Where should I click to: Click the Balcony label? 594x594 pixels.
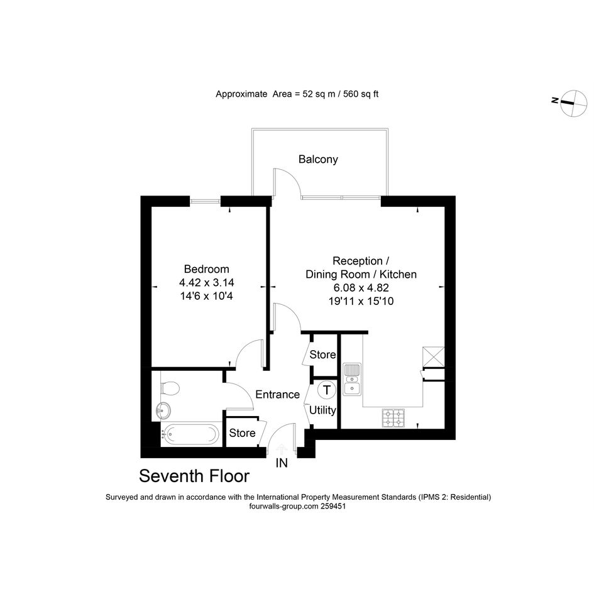pyautogui.click(x=318, y=159)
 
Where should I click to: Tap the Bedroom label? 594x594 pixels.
pyautogui.click(x=206, y=269)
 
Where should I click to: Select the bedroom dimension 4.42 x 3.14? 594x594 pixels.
pyautogui.click(x=206, y=282)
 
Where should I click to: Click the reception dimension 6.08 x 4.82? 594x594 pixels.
pyautogui.click(x=361, y=287)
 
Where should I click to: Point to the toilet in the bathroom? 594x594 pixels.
pyautogui.click(x=169, y=388)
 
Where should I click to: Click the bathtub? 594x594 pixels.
pyautogui.click(x=190, y=434)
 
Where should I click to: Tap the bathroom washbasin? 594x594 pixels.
pyautogui.click(x=163, y=410)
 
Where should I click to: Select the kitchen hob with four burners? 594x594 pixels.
pyautogui.click(x=393, y=418)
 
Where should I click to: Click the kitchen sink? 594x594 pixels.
pyautogui.click(x=352, y=379)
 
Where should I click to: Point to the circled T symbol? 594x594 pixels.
pyautogui.click(x=327, y=390)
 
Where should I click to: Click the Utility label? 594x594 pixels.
pyautogui.click(x=322, y=410)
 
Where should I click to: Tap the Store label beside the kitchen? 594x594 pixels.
pyautogui.click(x=322, y=355)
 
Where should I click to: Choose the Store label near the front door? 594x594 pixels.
pyautogui.click(x=242, y=433)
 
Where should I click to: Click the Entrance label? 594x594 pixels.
pyautogui.click(x=277, y=394)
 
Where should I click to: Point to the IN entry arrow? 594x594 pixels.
pyautogui.click(x=282, y=449)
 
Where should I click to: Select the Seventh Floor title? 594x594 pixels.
pyautogui.click(x=194, y=476)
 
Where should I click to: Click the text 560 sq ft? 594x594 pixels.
pyautogui.click(x=361, y=94)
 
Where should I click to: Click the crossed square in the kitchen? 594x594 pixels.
pyautogui.click(x=434, y=356)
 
